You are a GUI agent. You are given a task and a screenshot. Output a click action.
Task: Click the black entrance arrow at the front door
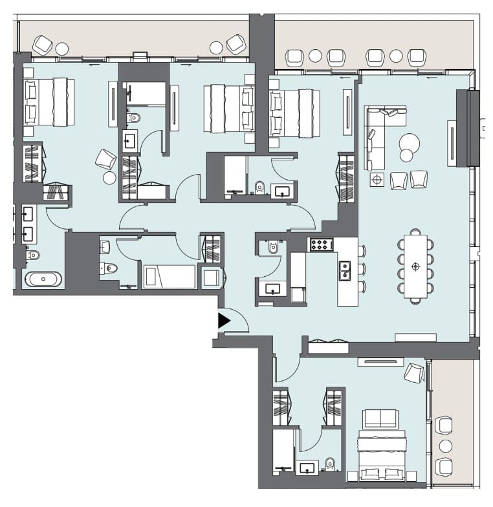point(224,319)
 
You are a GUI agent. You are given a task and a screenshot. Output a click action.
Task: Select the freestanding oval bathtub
point(44,279)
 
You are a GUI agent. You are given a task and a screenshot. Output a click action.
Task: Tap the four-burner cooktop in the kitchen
point(320,244)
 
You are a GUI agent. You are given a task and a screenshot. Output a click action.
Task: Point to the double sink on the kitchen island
point(345,268)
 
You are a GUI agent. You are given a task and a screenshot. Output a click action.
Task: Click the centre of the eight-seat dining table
point(415,266)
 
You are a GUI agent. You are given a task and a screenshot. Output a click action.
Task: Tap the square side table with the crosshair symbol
point(377,179)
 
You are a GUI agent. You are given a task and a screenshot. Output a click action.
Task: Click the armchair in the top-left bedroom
point(105,159)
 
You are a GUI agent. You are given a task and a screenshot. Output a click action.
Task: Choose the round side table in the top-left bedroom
point(109,177)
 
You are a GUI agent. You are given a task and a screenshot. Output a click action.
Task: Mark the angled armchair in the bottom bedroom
point(413,372)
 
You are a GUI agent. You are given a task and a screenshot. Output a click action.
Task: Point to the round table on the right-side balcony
point(445,446)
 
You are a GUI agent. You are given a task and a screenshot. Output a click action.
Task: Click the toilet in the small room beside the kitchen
point(272,247)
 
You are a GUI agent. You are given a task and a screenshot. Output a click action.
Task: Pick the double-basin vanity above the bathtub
point(28,224)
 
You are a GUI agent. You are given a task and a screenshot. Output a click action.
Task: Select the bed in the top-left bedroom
point(49,102)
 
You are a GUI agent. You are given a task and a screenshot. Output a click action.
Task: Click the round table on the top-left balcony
point(62,48)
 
